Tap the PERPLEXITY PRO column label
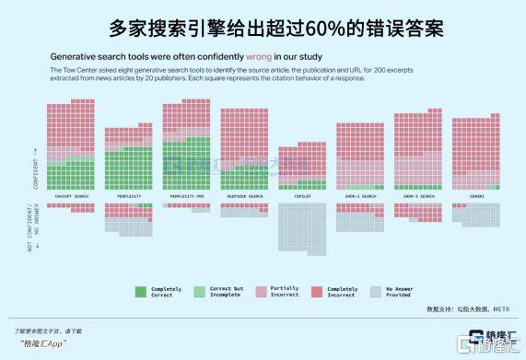pos(186,196)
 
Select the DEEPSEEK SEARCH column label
pos(244,196)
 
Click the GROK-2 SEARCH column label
pos(359,196)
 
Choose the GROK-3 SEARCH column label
pos(417,196)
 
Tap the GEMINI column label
pos(475,196)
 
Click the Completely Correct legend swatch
pos(141,291)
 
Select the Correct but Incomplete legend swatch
pos(198,291)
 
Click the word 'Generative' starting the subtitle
pos(78,55)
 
